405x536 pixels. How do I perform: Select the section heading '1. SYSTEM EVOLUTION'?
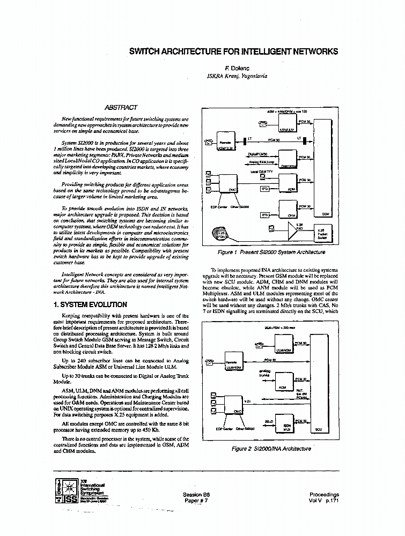tap(90, 304)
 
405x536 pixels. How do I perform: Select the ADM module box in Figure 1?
tap(291, 185)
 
